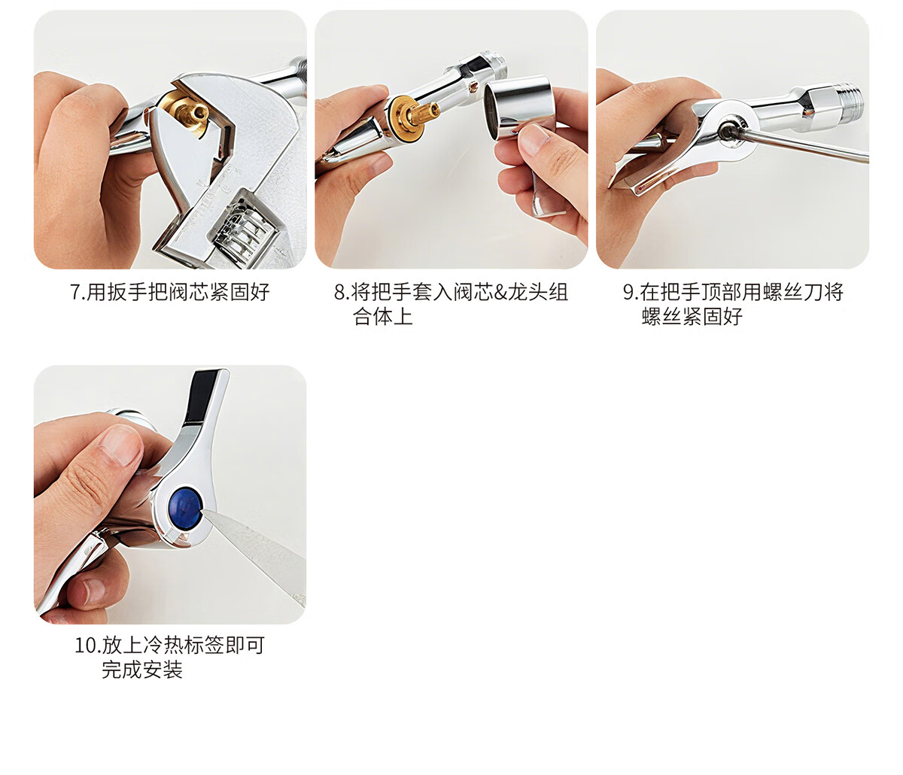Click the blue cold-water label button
[x=185, y=508]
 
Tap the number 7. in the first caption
[x=77, y=292]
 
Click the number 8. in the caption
[x=341, y=292]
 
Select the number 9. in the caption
[x=630, y=292]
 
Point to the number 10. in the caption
[x=87, y=646]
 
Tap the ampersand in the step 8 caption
[x=500, y=292]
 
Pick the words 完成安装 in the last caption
[x=142, y=669]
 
